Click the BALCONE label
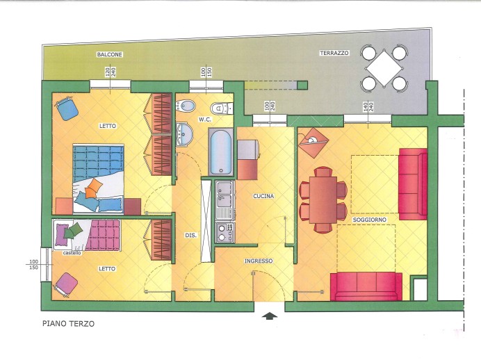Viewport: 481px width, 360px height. (110, 55)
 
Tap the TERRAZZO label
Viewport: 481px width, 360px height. (334, 53)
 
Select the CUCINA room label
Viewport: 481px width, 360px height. (263, 196)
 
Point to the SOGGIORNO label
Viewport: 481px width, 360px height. (369, 220)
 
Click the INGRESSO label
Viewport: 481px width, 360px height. (259, 261)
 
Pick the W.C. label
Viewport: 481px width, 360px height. (204, 120)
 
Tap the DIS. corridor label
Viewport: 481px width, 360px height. (191, 236)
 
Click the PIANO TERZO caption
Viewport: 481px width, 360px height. (68, 323)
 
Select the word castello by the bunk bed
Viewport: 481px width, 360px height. (72, 253)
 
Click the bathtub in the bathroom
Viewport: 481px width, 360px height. (221, 152)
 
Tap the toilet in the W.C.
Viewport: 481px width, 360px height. (221, 108)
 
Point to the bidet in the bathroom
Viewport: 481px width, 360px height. (186, 106)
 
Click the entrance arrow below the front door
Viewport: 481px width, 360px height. (270, 316)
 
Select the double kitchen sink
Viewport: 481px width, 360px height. (225, 195)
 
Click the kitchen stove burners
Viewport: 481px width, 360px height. (225, 233)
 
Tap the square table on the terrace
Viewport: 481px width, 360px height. (384, 69)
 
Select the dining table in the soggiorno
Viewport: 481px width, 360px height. (323, 199)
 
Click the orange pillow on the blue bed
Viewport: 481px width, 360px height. (95, 186)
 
